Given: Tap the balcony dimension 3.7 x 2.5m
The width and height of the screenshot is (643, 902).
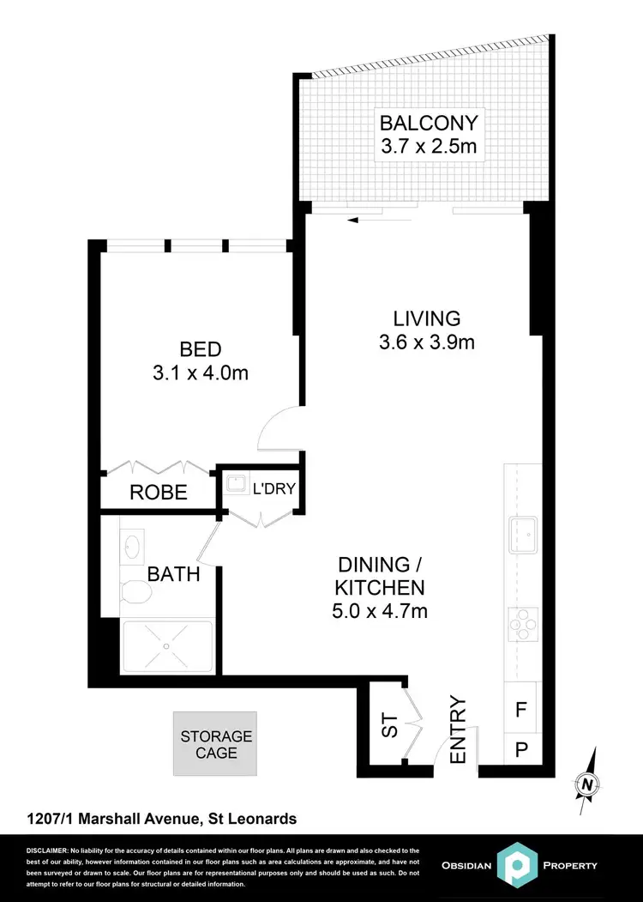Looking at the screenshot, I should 429,146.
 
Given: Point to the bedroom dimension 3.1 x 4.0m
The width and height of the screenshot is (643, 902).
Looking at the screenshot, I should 201,373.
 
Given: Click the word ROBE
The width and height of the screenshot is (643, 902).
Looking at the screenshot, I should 159,493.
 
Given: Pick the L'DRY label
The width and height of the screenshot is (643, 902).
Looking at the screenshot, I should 273,490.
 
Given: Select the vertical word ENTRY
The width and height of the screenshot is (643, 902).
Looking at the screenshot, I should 458,730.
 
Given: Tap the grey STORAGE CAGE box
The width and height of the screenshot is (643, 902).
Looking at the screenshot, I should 215,744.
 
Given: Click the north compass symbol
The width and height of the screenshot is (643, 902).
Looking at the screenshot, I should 587,782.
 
